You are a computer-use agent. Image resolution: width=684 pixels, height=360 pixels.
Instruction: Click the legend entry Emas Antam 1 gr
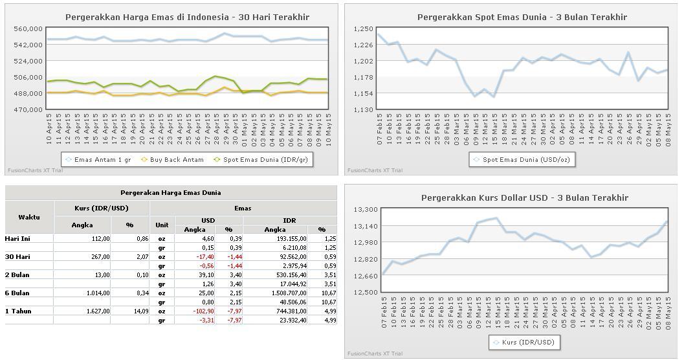(x=98, y=159)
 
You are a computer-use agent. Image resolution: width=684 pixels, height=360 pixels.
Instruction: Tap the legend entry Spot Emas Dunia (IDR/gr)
(x=265, y=159)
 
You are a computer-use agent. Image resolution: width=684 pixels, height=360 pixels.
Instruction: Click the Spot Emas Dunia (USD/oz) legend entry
(x=526, y=159)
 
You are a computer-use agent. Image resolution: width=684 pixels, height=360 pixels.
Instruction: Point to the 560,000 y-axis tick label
(x=28, y=29)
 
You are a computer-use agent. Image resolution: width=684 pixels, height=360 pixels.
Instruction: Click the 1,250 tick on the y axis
(x=363, y=29)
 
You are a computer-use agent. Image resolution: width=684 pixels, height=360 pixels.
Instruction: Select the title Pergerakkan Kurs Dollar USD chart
(x=511, y=197)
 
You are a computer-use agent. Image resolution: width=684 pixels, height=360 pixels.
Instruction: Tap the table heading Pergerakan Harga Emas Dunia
(x=171, y=192)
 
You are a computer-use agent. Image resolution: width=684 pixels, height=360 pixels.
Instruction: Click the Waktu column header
(x=29, y=217)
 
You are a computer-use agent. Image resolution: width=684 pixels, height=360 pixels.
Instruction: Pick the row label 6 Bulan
(x=19, y=293)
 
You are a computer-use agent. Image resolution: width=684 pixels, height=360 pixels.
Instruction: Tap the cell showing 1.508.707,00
(x=287, y=293)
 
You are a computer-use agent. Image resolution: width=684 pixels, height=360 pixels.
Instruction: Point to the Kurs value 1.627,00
(x=96, y=311)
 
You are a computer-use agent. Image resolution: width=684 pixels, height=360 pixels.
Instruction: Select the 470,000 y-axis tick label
(x=28, y=110)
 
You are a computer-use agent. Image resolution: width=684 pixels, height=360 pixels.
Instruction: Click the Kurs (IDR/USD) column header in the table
(x=102, y=208)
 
